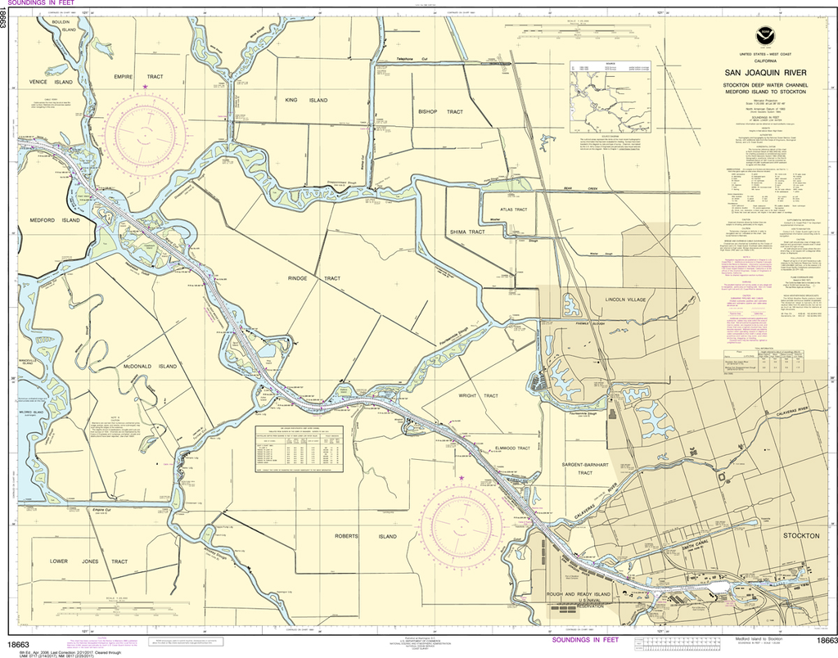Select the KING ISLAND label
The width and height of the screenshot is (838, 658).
click(306, 100)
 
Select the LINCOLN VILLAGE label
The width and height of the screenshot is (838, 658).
click(626, 300)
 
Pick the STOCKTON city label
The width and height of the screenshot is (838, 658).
click(800, 535)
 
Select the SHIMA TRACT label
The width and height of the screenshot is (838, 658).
click(467, 232)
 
